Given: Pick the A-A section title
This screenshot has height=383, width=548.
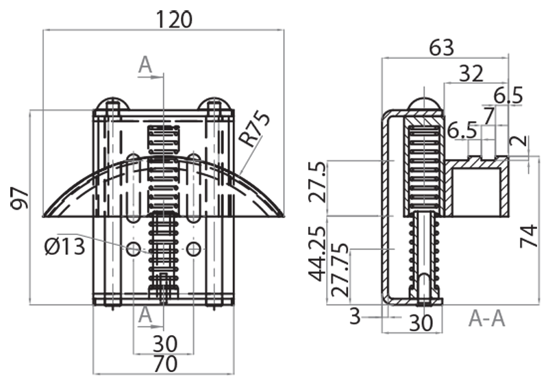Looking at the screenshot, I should tap(487, 318).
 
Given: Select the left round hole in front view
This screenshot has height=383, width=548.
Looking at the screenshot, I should tap(133, 248).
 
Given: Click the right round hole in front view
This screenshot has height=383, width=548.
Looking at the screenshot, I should tap(194, 248).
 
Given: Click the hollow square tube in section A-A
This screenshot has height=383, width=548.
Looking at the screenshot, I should tap(478, 190).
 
